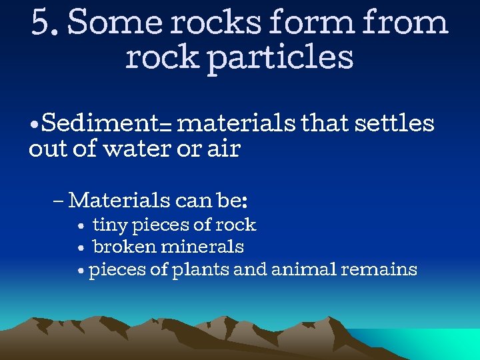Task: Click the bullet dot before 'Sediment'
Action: (34, 125)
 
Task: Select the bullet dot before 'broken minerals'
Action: (80, 249)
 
